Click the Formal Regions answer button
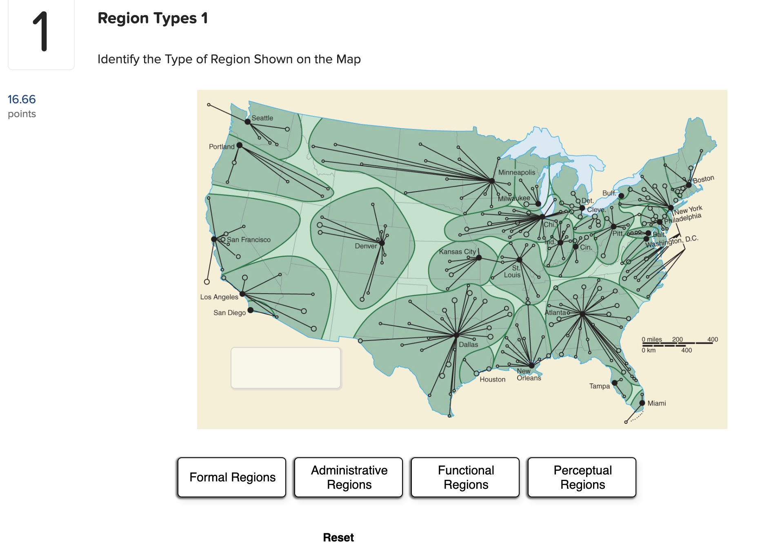pos(232,477)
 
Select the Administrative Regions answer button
pos(349,477)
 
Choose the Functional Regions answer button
pos(465,477)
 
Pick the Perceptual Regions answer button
pos(582,477)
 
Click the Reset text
pos(338,537)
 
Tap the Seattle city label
pos(262,118)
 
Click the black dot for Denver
pos(382,243)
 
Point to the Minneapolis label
pos(516,172)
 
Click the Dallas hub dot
pos(456,335)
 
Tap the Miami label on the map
pos(656,403)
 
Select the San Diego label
pos(229,313)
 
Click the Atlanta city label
pos(555,312)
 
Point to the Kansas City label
pos(457,252)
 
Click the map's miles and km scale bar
pos(678,344)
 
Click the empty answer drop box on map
pos(286,368)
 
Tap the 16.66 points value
pos(22,99)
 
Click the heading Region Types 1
pos(153,18)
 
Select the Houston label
pos(492,379)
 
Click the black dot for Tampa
pos(615,383)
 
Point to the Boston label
pos(703,179)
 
